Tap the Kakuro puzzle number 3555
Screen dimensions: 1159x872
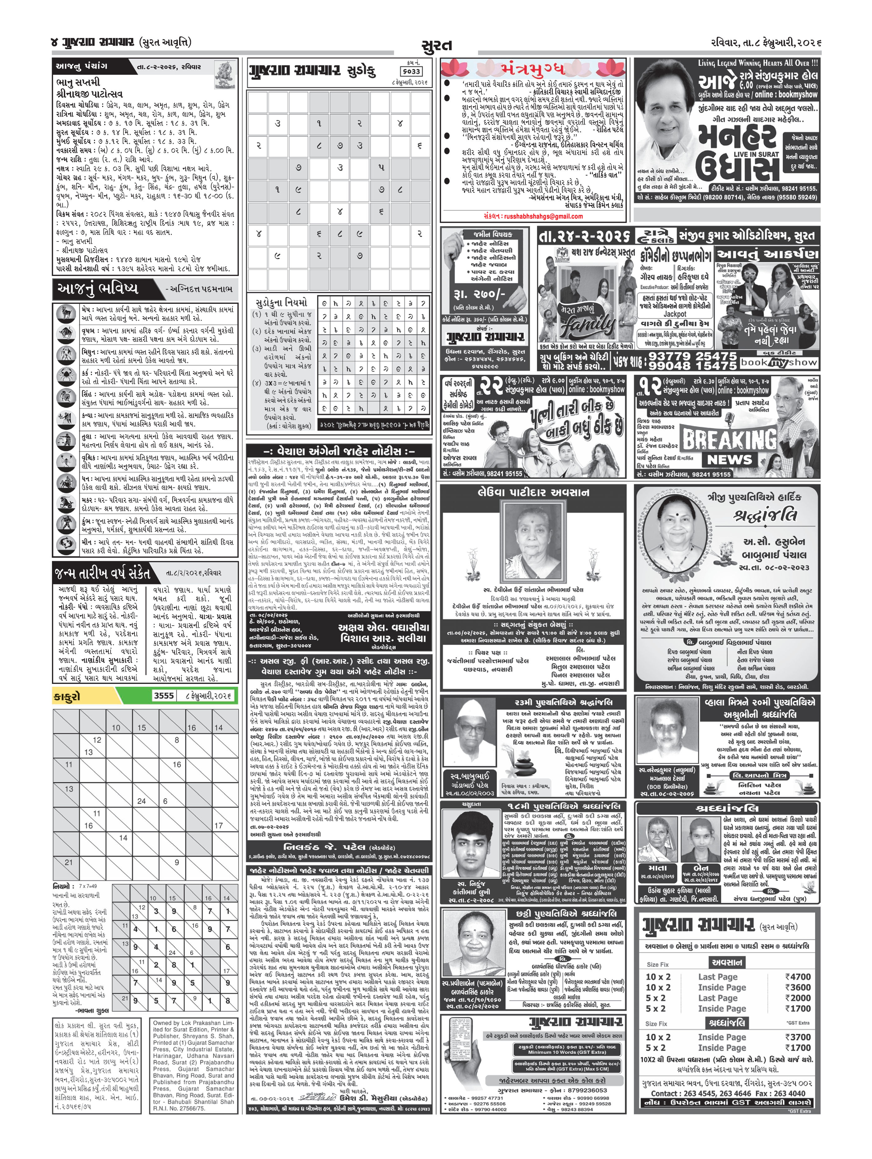164,696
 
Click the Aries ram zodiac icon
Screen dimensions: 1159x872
65,313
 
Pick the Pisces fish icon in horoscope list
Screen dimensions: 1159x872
65,546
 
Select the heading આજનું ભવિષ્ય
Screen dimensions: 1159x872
98,288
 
